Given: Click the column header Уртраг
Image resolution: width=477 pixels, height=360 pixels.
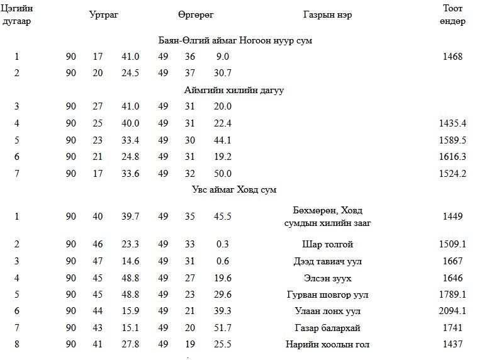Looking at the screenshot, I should coord(104,15).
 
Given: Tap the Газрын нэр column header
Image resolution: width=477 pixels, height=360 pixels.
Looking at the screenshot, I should coord(327,15).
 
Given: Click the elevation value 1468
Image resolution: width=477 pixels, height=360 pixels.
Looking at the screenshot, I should coord(452,57).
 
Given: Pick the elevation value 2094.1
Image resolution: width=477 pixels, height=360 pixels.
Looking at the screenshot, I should coord(452,311).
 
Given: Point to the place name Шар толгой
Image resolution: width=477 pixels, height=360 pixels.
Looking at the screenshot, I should coord(327,244).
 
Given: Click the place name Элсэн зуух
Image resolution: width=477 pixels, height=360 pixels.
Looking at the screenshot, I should coord(327,278).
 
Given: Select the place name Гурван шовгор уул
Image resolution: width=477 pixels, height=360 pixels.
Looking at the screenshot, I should coord(327,295).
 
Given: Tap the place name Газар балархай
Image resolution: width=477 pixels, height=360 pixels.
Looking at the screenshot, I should coord(327,328).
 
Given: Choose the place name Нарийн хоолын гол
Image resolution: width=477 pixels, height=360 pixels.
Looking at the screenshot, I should coord(327,344).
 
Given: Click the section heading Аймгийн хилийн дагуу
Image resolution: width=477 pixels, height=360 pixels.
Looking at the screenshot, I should coord(234,90).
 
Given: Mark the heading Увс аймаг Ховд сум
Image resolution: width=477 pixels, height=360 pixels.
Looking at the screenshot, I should coord(234,189).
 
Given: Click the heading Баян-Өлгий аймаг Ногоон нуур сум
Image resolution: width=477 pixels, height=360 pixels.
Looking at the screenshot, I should coord(235,40).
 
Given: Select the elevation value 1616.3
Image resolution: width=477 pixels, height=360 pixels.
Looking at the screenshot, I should coord(452,157).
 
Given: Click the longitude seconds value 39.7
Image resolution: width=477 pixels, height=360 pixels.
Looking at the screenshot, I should coord(130,217).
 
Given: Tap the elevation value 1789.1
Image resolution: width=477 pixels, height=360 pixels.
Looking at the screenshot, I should coord(452,295).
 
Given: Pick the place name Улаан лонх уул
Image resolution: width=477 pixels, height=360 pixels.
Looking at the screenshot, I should coord(327,311).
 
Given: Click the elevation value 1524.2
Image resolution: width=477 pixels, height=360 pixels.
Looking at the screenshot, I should coord(452,174).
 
